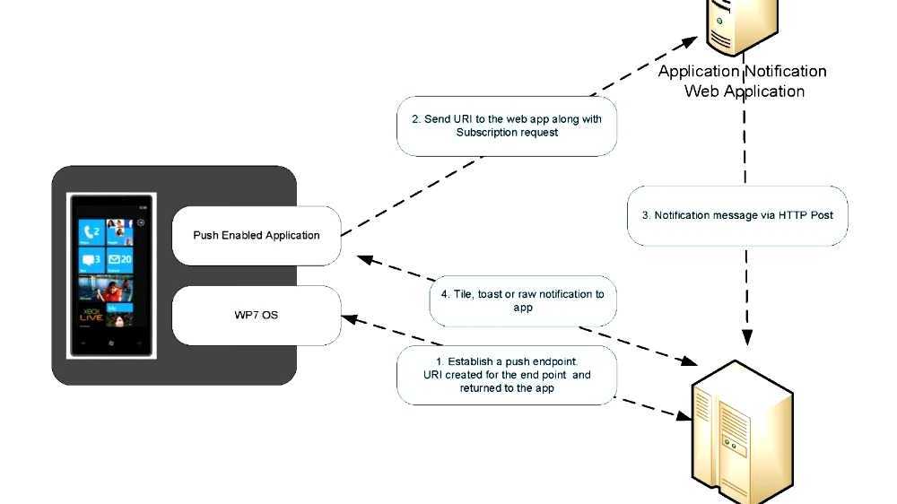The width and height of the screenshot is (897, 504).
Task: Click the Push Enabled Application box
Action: [257, 236]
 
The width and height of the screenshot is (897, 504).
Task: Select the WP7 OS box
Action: [257, 316]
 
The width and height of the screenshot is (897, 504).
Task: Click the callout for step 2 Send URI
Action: [507, 126]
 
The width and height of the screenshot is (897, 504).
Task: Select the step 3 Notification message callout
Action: [736, 215]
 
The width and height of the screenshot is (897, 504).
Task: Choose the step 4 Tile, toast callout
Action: [523, 300]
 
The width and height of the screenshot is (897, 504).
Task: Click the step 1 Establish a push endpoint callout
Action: [507, 375]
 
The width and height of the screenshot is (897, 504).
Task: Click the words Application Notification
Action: [742, 72]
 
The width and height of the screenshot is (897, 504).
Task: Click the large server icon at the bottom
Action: [742, 430]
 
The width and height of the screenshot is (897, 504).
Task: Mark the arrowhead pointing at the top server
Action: [689, 41]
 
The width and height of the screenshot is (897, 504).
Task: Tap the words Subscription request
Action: [507, 133]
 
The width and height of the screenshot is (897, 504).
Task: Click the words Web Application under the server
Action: [745, 91]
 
